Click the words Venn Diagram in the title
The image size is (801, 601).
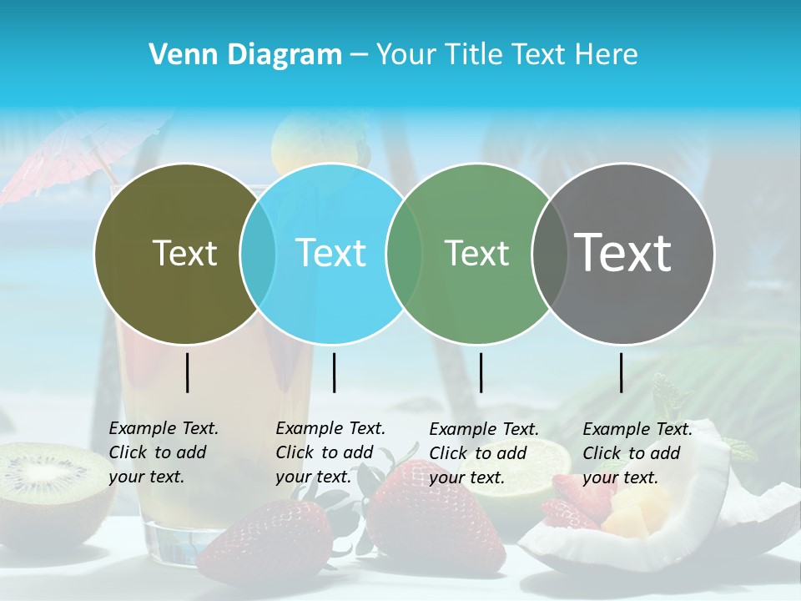[245, 55]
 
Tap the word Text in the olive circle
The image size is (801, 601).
[185, 253]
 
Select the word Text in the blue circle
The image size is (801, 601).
[331, 253]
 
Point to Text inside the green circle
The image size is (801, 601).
[477, 253]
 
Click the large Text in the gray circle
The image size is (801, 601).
[623, 252]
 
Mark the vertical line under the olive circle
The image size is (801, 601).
[187, 372]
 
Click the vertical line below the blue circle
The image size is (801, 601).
[334, 372]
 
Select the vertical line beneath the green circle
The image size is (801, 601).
[481, 372]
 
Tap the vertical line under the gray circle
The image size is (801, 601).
[622, 372]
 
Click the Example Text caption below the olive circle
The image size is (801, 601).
[164, 452]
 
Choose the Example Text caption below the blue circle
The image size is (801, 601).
[330, 452]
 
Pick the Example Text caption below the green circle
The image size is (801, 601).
[484, 453]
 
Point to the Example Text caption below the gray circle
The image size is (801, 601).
[637, 453]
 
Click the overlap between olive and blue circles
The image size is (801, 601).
[258, 253]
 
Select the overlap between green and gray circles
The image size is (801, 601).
[549, 253]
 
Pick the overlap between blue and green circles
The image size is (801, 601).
[404, 253]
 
